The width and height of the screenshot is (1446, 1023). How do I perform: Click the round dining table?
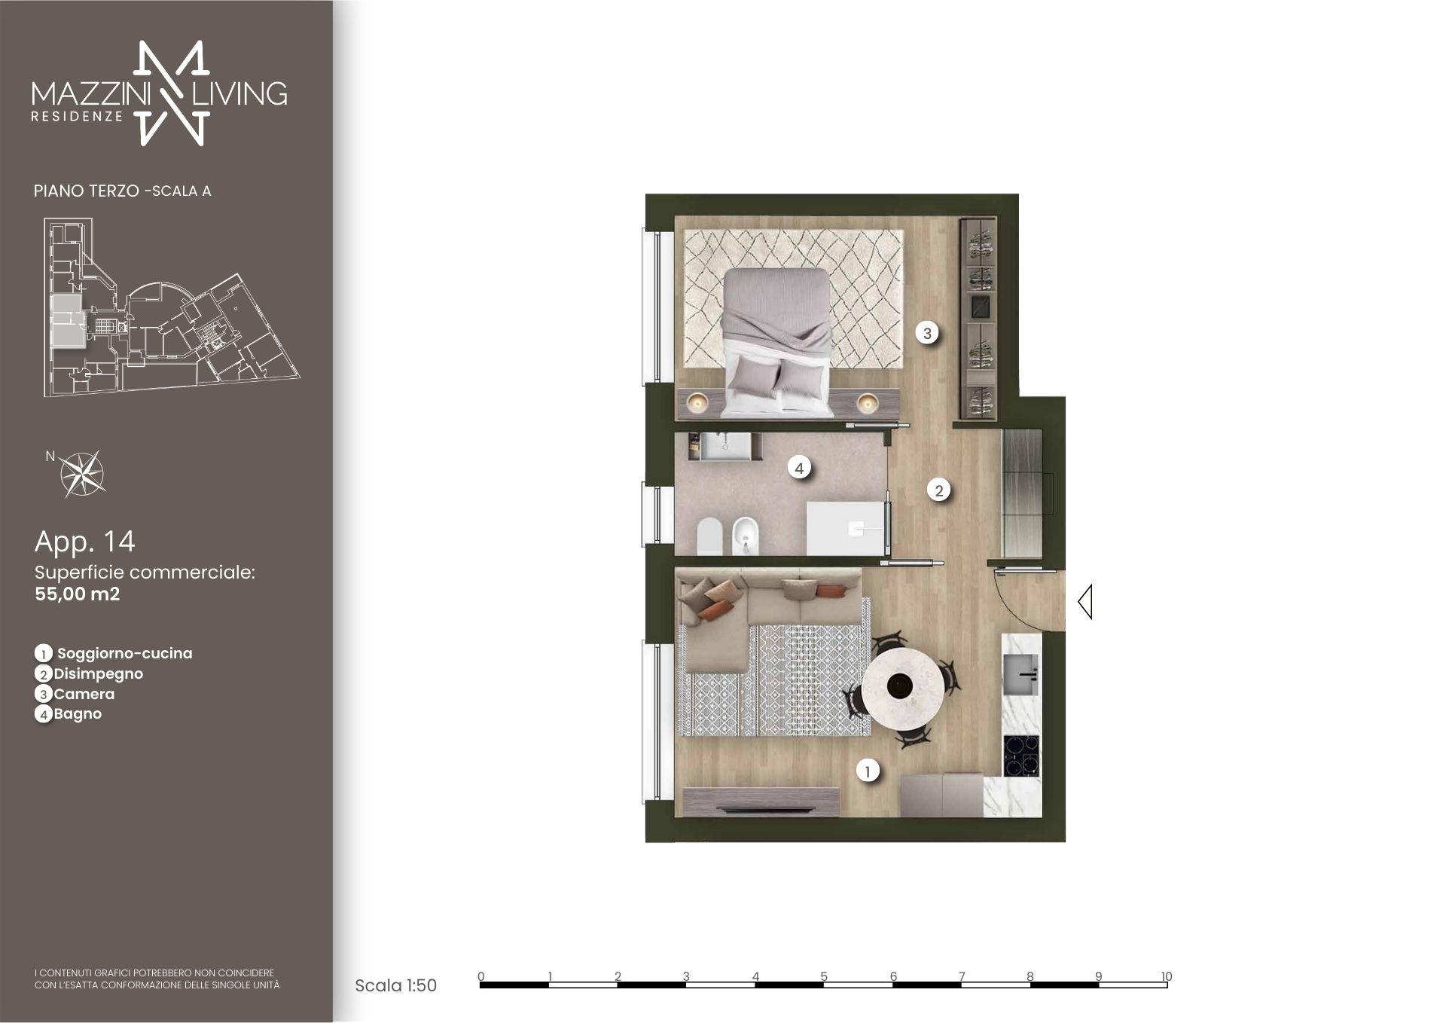point(901,686)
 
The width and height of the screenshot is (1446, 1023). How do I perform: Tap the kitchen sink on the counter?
point(1022,673)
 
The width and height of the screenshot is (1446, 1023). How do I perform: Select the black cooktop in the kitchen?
point(1021,756)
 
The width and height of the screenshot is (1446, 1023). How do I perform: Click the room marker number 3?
point(927,332)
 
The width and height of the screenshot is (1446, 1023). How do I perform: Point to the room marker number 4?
point(799,468)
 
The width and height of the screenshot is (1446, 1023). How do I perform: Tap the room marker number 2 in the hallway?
point(938,490)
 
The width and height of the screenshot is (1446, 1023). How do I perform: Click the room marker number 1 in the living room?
point(868,771)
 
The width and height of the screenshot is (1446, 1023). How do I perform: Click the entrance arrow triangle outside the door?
point(1085,602)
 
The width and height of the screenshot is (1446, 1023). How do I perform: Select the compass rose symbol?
point(82,474)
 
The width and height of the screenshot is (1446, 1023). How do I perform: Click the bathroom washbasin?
point(725,446)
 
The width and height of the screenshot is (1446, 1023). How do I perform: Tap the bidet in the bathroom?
point(744,536)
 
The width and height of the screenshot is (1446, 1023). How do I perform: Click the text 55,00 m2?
point(78,594)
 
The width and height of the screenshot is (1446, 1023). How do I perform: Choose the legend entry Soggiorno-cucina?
point(124,653)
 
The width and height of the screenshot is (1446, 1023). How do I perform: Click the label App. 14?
point(84,541)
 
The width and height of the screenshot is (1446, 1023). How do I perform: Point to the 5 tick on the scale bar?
point(824,976)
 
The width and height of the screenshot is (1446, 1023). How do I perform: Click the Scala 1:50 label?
point(396,985)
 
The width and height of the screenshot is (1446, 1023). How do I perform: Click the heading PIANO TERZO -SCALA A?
point(122,191)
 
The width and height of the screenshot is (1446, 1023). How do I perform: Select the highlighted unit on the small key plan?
point(66,319)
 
